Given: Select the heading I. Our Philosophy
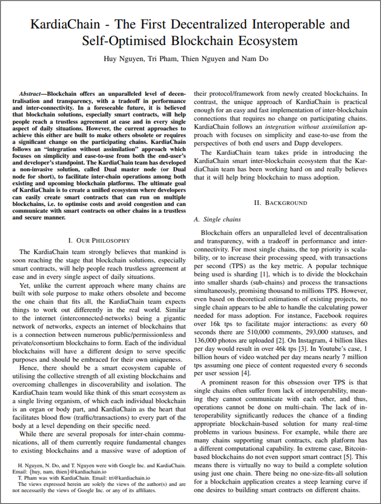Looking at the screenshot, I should pyautogui.click(x=99, y=241).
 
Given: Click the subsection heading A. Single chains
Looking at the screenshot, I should pyautogui.click(x=218, y=219).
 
